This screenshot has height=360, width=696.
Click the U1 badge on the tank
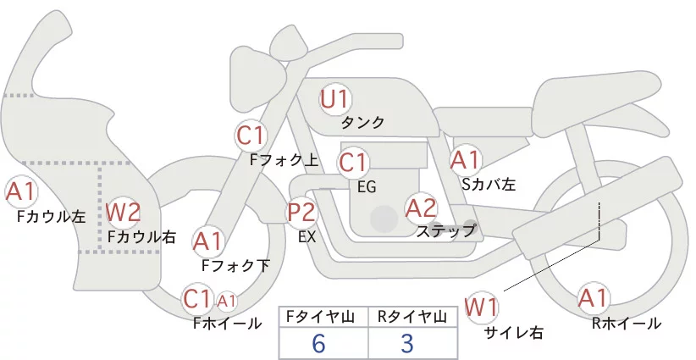[x=335, y=99]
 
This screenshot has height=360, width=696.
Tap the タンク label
[x=362, y=123]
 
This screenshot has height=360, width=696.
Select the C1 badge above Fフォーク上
[x=251, y=135]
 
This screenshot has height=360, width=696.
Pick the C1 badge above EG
[x=353, y=161]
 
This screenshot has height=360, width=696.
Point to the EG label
[x=367, y=186]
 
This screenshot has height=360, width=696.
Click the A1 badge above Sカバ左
[x=465, y=159]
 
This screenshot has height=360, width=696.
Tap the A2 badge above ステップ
[x=421, y=208]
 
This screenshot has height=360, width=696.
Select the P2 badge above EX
[x=301, y=212]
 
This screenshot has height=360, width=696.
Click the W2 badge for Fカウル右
[x=124, y=211]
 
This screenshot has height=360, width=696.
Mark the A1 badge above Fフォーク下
[x=207, y=242]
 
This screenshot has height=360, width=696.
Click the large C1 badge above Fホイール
[x=197, y=299]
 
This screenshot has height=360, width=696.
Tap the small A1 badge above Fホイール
[x=227, y=301]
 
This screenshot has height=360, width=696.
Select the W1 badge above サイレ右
[x=482, y=306]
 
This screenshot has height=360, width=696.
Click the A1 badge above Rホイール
[x=593, y=298]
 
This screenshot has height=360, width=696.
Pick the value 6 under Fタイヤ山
[x=318, y=342]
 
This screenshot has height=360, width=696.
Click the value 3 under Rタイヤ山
[x=406, y=342]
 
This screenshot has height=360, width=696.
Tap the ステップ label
[x=445, y=230]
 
